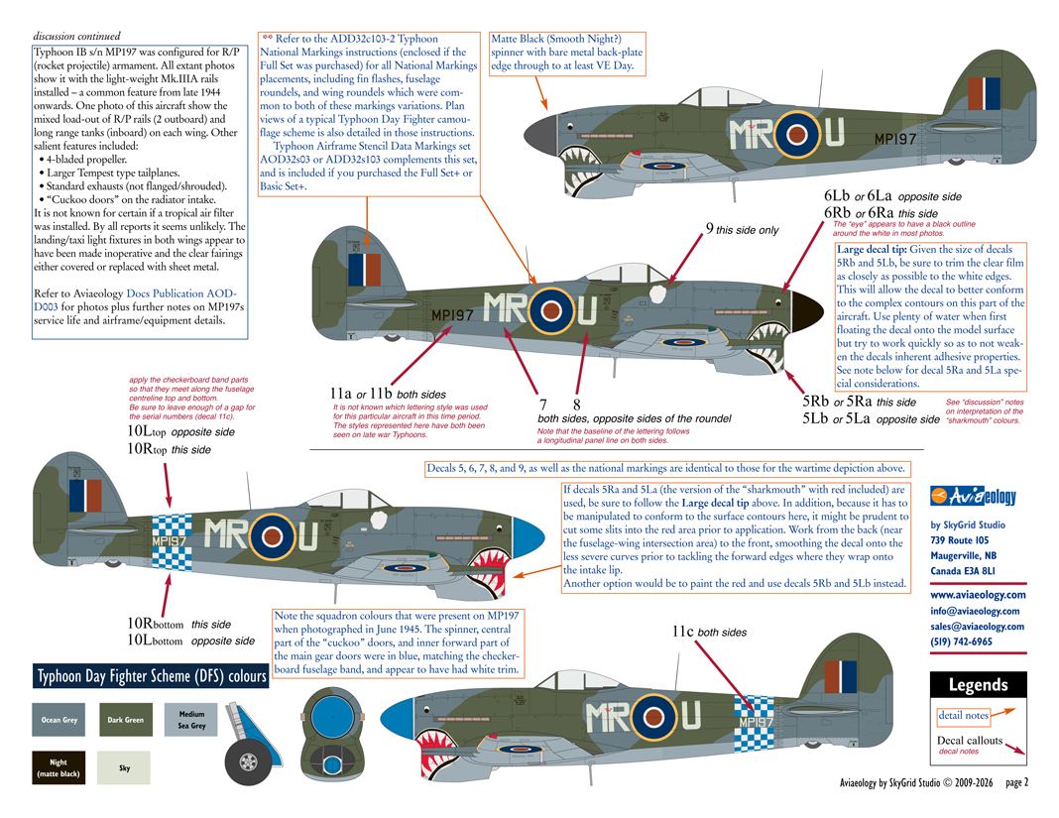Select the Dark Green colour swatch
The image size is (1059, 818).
[x=126, y=719]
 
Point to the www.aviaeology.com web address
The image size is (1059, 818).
[x=978, y=594]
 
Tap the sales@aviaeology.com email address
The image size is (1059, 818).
[x=978, y=627]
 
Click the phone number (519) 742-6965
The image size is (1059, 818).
[x=962, y=643]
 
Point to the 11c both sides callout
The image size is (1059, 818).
[x=709, y=632]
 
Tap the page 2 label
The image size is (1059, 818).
[x=1016, y=782]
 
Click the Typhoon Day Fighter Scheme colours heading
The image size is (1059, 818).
[x=151, y=677]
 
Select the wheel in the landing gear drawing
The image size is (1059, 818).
[x=244, y=761]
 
